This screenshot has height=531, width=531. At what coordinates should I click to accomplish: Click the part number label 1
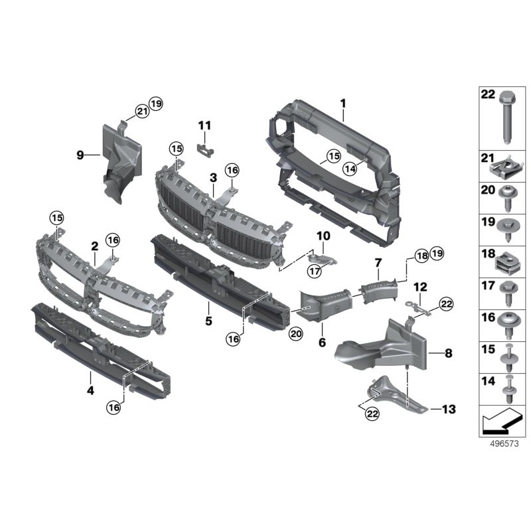[x=343, y=103]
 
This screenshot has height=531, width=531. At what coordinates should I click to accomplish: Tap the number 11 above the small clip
[x=204, y=125]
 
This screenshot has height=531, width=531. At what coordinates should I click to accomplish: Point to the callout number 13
[x=449, y=409]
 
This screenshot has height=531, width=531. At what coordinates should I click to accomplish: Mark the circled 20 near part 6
[x=295, y=335]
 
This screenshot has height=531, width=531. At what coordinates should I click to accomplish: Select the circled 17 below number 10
[x=314, y=271]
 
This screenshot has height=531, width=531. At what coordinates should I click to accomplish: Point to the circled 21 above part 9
[x=141, y=112]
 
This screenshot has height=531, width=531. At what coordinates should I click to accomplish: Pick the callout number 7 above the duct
[x=378, y=264]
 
